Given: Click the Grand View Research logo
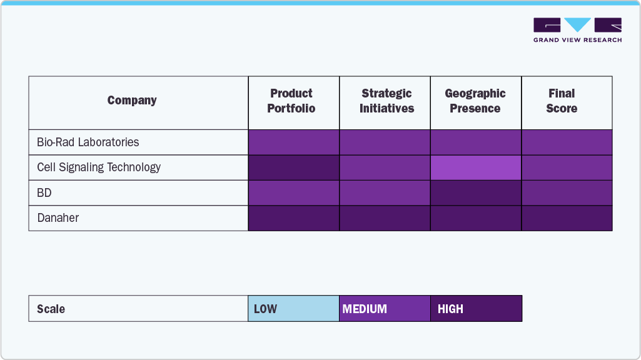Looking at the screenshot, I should (x=577, y=29).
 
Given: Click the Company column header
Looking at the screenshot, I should (x=132, y=101).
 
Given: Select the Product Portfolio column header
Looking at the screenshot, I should (x=291, y=101).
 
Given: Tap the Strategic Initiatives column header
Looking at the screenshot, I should (x=386, y=101).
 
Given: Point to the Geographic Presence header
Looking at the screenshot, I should (x=475, y=101).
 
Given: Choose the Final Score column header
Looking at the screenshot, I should (x=562, y=101).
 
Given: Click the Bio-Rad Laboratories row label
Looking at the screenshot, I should (x=88, y=142).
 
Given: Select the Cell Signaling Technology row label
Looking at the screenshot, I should (x=99, y=167).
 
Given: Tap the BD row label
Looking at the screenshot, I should (x=44, y=193).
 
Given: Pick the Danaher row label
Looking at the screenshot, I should (x=58, y=218).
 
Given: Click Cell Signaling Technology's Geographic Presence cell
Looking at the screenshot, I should (x=476, y=167).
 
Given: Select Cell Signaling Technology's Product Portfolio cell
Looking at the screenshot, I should (x=294, y=167).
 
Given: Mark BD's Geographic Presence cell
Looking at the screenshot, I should (x=476, y=193).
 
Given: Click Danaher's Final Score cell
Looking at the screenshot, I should (x=567, y=218).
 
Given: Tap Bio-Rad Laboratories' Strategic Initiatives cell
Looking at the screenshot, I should (x=385, y=142).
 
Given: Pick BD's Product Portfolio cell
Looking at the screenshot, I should (x=294, y=193).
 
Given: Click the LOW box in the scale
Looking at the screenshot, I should (x=293, y=309).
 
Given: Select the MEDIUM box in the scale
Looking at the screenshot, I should (x=385, y=309).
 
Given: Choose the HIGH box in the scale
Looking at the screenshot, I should (x=476, y=309).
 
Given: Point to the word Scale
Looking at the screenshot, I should (x=51, y=309).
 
